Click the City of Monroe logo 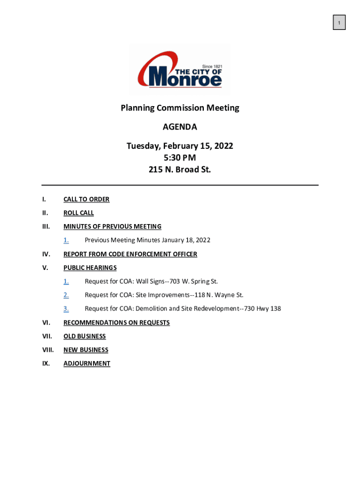[x=180, y=70]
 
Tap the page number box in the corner [x=339, y=22]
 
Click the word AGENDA [x=180, y=127]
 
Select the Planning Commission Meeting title [x=180, y=108]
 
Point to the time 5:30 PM [x=180, y=158]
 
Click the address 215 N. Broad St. [x=180, y=170]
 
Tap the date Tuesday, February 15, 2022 [x=180, y=146]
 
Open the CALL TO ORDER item [x=86, y=199]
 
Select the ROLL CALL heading [x=79, y=213]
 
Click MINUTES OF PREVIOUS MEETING [x=112, y=226]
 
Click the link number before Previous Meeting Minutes [x=66, y=240]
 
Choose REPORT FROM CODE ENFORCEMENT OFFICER [x=130, y=254]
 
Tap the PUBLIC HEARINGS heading [x=90, y=268]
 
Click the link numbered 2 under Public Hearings [x=66, y=295]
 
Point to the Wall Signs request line [x=151, y=281]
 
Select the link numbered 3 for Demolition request [x=66, y=308]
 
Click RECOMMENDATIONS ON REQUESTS [x=116, y=322]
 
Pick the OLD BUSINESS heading [x=85, y=336]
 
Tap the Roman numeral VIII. [x=48, y=349]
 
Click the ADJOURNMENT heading [x=86, y=363]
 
